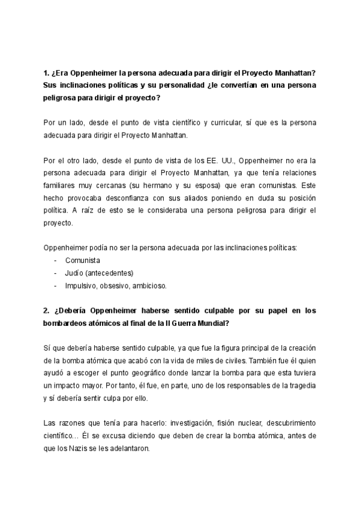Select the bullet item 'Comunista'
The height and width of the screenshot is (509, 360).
83,260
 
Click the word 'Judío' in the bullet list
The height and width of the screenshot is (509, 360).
75,273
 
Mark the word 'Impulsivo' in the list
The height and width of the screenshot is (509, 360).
81,285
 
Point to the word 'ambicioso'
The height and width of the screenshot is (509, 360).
150,285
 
